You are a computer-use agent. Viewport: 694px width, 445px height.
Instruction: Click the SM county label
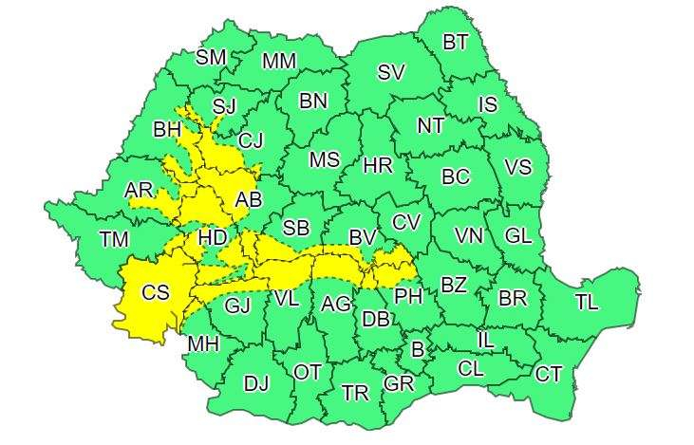[x=211, y=57]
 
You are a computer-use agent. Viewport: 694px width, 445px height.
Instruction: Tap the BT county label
[x=456, y=41]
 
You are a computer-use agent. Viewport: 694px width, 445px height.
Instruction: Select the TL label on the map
[x=587, y=303]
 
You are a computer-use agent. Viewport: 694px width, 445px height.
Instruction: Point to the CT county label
[x=548, y=374]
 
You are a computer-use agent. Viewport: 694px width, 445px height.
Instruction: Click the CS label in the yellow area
[x=156, y=293]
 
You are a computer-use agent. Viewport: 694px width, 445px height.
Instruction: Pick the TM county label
[x=114, y=239]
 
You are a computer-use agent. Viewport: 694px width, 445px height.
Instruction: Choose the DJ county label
[x=256, y=383]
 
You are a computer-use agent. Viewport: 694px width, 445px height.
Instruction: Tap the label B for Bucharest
[x=416, y=348]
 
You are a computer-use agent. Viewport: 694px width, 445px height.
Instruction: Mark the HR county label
[x=378, y=166]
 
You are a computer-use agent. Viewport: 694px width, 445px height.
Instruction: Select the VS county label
[x=517, y=167]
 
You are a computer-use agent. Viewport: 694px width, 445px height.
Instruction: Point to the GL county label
[x=518, y=235]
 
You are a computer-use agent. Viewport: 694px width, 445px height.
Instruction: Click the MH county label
[x=203, y=343]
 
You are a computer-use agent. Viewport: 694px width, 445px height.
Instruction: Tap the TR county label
[x=355, y=392]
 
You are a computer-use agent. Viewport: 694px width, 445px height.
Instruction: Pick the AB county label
[x=248, y=199]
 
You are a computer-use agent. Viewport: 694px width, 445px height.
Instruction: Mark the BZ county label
[x=454, y=284]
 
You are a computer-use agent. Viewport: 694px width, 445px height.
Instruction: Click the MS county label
[x=324, y=159]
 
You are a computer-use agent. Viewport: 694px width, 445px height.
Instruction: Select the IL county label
[x=485, y=339]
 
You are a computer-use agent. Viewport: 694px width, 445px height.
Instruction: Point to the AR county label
[x=139, y=191]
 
